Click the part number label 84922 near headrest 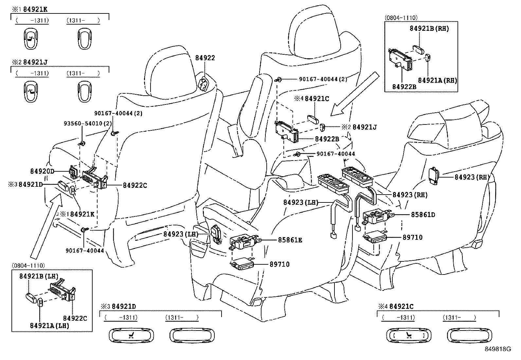(x=205, y=58)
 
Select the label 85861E (x=290, y=240)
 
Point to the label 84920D (x=42, y=171)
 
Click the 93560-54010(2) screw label (x=87, y=123)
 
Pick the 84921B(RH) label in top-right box (x=429, y=28)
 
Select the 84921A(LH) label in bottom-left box (x=49, y=326)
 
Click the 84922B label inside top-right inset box (x=404, y=86)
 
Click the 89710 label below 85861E (x=279, y=264)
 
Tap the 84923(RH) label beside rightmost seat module (x=472, y=177)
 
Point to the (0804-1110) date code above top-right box (x=401, y=18)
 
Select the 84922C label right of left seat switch (x=135, y=185)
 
